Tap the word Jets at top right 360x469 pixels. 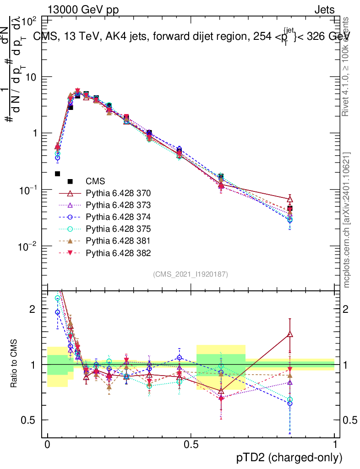coord(324,10)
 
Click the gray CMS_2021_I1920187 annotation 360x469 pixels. coord(191,274)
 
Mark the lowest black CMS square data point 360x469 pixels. coord(58,174)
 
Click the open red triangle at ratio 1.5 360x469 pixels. coord(289,334)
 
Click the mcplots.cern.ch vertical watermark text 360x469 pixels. coord(347,220)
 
